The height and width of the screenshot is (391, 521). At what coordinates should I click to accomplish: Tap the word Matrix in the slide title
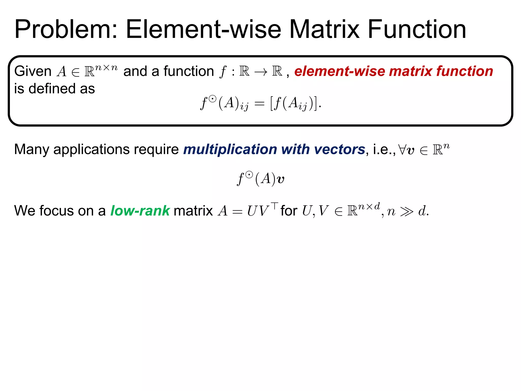(x=325, y=30)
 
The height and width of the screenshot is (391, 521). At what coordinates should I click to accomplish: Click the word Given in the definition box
(x=33, y=71)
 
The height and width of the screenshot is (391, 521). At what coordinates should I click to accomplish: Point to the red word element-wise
(x=339, y=71)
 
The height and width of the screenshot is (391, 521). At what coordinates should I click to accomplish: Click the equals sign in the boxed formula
(x=259, y=104)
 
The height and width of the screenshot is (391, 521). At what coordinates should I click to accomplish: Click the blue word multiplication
(x=230, y=149)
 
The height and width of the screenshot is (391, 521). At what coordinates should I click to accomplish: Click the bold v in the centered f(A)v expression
(x=280, y=180)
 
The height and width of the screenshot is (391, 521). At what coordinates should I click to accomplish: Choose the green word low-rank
(x=140, y=211)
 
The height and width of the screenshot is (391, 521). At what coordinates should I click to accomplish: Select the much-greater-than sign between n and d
(x=407, y=212)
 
